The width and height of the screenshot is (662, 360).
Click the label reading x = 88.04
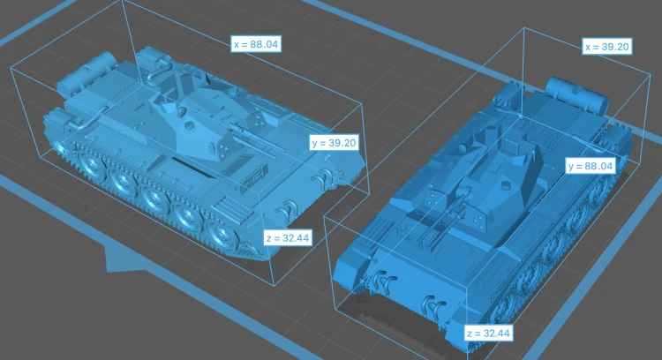[256, 44]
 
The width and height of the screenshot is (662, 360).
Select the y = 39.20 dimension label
[334, 143]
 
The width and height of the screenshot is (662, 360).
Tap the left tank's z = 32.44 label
[289, 238]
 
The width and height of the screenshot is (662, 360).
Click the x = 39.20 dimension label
[607, 47]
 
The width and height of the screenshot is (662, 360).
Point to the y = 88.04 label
[591, 166]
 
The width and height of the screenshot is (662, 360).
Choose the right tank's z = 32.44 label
[488, 334]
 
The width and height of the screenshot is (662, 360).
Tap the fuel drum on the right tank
[577, 94]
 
